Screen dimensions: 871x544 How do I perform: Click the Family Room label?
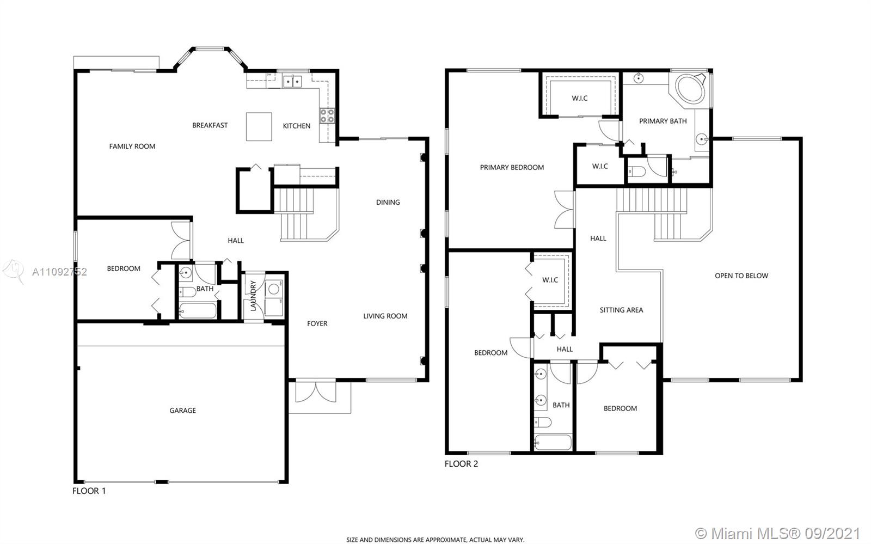[132, 146]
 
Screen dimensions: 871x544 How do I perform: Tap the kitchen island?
[259, 126]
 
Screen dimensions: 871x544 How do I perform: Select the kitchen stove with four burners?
[327, 116]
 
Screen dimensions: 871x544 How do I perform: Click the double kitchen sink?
[292, 82]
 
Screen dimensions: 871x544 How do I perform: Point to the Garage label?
[183, 410]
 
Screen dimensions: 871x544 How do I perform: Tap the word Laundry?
[253, 296]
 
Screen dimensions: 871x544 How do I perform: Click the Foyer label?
[317, 323]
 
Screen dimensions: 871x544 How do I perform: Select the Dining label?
[388, 202]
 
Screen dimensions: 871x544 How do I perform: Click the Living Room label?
[385, 316]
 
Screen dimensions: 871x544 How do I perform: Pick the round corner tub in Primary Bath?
[690, 89]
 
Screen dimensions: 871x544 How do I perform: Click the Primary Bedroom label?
[512, 167]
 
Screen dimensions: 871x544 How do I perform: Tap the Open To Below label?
[741, 276]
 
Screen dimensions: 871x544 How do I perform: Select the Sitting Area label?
[621, 310]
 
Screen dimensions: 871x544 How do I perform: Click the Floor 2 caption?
[461, 464]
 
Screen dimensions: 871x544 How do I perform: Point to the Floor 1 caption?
[89, 491]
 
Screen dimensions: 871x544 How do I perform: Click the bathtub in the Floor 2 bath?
[553, 442]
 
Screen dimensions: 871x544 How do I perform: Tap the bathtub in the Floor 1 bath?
[198, 310]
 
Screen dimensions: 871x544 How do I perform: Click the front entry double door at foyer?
[316, 392]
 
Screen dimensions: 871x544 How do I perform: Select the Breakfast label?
[210, 125]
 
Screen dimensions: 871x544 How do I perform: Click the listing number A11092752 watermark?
[59, 272]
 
